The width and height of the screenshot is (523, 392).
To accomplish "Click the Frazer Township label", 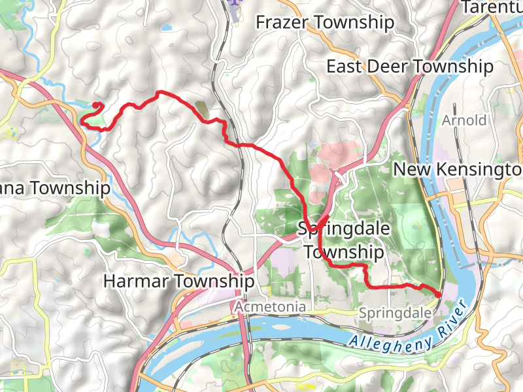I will pyautogui.click(x=325, y=23).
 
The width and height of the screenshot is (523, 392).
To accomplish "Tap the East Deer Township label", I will pyautogui.click(x=409, y=67).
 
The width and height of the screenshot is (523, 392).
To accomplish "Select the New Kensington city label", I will pyautogui.click(x=458, y=169).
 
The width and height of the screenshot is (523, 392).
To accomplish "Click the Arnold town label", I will pyautogui.click(x=464, y=121).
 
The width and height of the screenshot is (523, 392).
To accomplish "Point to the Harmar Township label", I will pyautogui.click(x=178, y=282).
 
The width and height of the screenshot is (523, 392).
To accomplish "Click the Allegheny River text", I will pyautogui.click(x=405, y=326).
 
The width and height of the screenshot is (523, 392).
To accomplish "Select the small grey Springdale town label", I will pyautogui.click(x=395, y=314).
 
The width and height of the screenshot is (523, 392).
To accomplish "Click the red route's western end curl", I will pyautogui.click(x=97, y=106).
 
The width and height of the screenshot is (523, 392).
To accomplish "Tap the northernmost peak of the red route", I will pyautogui.click(x=159, y=93).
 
